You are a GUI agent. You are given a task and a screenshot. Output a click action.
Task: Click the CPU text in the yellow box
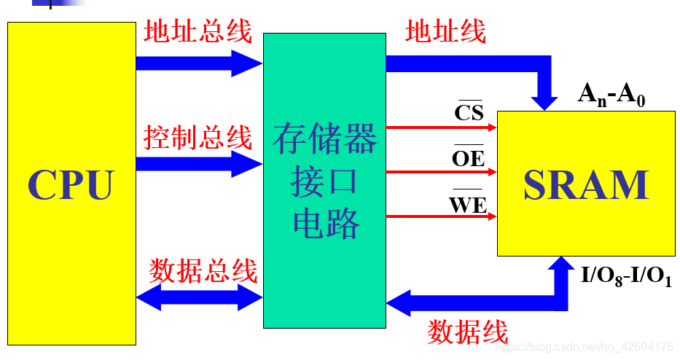(71, 184)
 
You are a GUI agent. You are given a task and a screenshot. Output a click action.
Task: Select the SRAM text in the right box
(586, 184)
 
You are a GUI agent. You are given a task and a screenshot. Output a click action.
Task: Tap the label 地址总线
(198, 33)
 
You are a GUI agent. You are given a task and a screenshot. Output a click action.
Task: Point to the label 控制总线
(198, 138)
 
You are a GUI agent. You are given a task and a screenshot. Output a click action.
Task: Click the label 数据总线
(203, 271)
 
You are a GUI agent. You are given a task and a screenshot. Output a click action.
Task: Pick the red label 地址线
(445, 31)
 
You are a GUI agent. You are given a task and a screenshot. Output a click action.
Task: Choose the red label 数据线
(467, 332)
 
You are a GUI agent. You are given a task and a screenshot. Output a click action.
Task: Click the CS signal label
(469, 112)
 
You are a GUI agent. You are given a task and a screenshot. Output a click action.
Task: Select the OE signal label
(469, 157)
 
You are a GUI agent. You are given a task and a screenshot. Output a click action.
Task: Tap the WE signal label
(468, 205)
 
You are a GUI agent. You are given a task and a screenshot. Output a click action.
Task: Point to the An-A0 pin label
(611, 95)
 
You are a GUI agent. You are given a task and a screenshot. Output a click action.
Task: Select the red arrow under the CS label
(441, 127)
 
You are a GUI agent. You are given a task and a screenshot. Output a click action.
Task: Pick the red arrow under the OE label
(441, 173)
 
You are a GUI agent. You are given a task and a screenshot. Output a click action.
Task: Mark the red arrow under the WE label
(441, 216)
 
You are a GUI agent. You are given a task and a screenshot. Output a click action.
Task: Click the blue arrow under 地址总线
(198, 63)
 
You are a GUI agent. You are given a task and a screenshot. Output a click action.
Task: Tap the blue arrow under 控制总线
(198, 164)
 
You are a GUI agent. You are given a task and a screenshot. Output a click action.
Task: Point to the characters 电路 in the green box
(326, 225)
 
